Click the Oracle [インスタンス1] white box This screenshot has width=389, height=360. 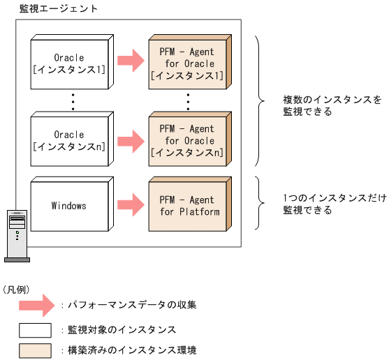pos(68,64)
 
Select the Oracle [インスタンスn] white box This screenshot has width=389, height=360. pos(68,141)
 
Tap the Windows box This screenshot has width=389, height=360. pos(68,206)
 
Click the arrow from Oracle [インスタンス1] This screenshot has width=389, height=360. pos(129,61)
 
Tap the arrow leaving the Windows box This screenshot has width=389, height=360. pos(129,206)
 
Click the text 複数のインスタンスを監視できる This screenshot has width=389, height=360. pos(321,106)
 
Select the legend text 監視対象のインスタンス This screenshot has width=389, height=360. pos(116,329)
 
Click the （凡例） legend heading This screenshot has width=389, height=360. pos(16,288)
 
